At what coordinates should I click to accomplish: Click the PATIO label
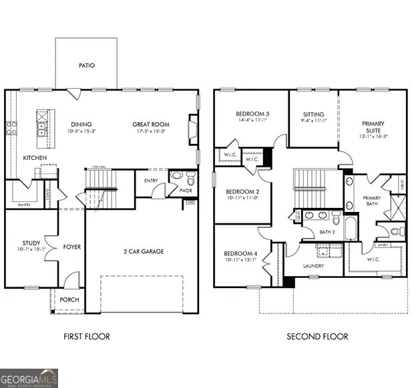coord(86,65)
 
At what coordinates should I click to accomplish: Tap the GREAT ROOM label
coord(150,124)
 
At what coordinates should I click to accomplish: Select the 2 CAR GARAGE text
coord(144,251)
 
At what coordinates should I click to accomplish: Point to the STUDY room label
coord(31,243)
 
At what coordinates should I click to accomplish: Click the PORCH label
coord(69,300)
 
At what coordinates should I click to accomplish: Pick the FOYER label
coord(71,247)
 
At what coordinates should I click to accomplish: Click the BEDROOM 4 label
coord(239,253)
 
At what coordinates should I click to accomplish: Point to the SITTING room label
coord(313,115)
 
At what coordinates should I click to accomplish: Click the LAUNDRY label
coord(313,266)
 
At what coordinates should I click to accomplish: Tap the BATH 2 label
coord(327,231)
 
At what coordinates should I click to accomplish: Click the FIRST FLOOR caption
coord(87,337)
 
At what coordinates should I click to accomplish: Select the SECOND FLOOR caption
coord(317,337)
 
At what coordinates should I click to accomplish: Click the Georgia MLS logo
coord(29,377)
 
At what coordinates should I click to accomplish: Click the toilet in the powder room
coord(190,179)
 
